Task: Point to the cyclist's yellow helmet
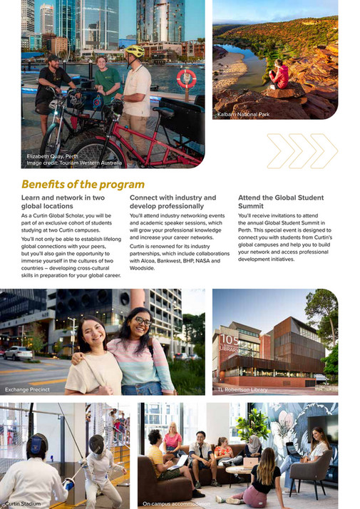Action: click(135, 51)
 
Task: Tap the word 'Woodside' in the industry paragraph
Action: click(145, 269)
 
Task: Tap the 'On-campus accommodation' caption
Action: click(176, 503)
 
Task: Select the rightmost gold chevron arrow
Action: click(324, 150)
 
